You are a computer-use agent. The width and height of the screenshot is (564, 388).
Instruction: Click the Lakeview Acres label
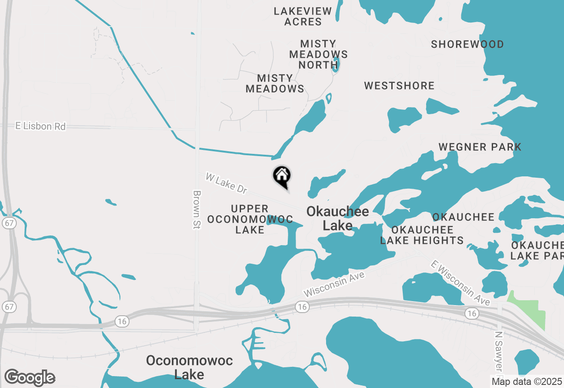(303, 16)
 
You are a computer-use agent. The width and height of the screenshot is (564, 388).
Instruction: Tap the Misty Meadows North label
(318, 54)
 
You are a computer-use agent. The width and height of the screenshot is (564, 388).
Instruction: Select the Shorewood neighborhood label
(467, 45)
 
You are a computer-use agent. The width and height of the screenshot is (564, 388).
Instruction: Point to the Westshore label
(399, 86)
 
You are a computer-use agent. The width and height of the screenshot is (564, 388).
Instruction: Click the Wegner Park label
(480, 147)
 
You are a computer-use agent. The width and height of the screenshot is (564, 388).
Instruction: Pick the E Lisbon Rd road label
(40, 127)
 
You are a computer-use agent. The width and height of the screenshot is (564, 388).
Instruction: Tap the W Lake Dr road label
(226, 183)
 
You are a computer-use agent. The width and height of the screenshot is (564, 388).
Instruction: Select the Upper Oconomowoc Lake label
(250, 219)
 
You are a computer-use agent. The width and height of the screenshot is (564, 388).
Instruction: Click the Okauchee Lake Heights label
(422, 235)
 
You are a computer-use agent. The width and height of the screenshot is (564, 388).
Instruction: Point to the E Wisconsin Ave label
(460, 283)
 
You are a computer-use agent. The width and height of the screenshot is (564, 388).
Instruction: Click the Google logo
(30, 377)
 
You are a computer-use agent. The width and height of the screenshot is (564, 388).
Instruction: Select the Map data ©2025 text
(527, 381)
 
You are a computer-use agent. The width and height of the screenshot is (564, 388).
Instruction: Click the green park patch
(529, 311)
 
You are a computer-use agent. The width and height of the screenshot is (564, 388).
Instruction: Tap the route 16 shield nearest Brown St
(122, 321)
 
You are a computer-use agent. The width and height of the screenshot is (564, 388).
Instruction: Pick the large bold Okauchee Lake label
(338, 218)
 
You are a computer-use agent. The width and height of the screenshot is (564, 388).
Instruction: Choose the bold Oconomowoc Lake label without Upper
(189, 367)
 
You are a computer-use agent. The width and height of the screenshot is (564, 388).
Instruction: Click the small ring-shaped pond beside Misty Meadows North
(335, 64)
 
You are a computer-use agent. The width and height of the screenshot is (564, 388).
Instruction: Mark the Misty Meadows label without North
(275, 83)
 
